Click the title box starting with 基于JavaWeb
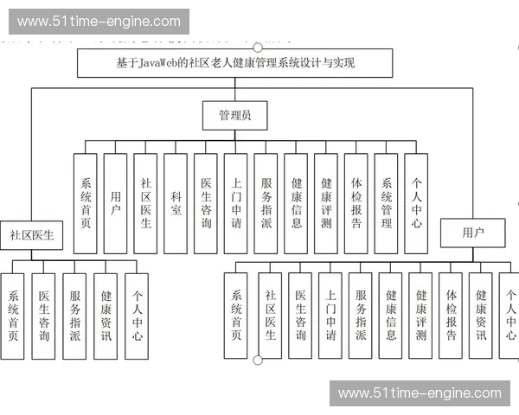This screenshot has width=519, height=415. point(234,63)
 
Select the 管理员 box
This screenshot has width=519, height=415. point(234,115)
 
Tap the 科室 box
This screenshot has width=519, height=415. point(176,203)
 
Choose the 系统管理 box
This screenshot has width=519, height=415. point(387,203)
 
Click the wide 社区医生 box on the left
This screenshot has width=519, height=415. point(32,234)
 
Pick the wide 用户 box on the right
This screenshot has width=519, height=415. point(472,233)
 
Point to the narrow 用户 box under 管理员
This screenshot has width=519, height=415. point(116,203)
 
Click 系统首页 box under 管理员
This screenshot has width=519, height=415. point(86,203)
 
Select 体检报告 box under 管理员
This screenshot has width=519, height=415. point(356,203)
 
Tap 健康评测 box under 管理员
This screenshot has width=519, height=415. point(326,203)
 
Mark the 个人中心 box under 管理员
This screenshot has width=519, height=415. point(416,203)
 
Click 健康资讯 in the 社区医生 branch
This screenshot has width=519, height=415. point(106,316)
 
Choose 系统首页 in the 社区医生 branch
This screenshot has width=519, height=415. point(13,316)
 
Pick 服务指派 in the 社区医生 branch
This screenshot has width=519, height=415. point(75,316)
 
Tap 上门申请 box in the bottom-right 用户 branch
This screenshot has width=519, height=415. point(330,316)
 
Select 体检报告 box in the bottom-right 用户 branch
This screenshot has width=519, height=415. point(451,316)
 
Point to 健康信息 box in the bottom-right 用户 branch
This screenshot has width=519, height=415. point(391,316)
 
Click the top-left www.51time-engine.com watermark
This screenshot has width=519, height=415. point(99,22)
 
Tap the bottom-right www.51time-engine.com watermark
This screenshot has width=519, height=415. point(420,393)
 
